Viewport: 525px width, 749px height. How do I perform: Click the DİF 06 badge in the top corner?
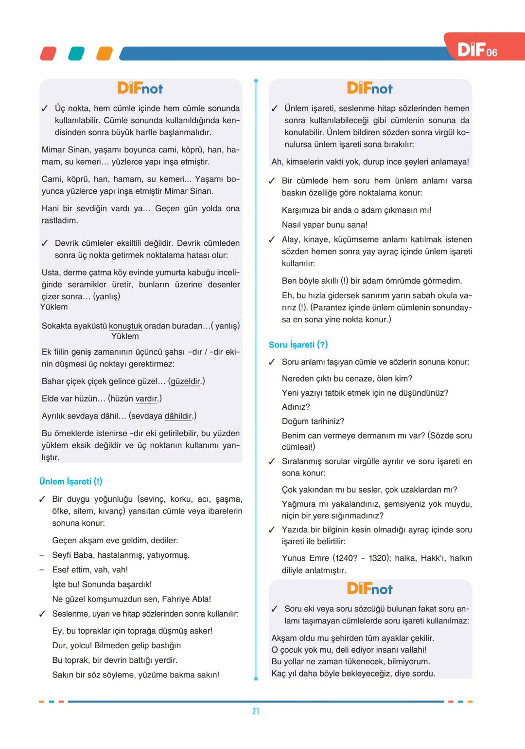[x=478, y=50]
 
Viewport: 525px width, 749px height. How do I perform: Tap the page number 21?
[x=256, y=711]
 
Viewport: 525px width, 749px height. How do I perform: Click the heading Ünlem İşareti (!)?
[x=70, y=481]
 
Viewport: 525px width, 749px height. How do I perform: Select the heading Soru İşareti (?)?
[x=298, y=345]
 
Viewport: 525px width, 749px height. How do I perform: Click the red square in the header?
[x=48, y=54]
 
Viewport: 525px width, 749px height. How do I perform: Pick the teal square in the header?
[x=76, y=54]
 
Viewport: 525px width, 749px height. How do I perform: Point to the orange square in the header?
[x=104, y=54]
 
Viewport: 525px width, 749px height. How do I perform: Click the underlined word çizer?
[x=51, y=296]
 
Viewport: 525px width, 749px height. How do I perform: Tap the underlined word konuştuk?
[x=125, y=326]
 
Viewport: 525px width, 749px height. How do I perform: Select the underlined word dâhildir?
[x=178, y=416]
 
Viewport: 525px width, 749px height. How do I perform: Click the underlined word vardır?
[x=146, y=399]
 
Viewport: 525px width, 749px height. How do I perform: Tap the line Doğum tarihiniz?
[x=313, y=421]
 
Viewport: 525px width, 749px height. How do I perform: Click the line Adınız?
[x=296, y=407]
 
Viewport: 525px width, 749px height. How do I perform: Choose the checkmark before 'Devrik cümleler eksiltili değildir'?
[x=45, y=243]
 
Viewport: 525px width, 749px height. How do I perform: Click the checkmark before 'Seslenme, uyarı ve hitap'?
[x=43, y=614]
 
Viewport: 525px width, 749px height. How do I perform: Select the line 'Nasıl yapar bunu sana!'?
[x=325, y=225]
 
